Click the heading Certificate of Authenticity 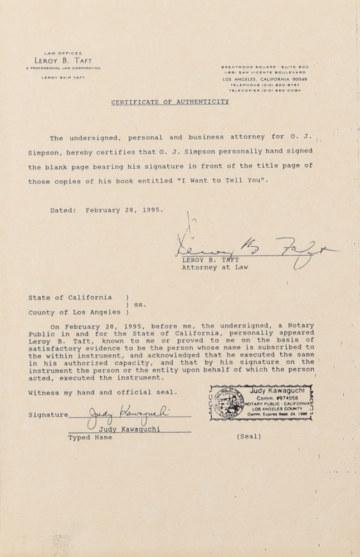tap(170, 102)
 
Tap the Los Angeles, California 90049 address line tap(265, 79)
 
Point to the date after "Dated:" tap(124, 211)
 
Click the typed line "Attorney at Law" tap(215, 267)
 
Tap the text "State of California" tap(70, 297)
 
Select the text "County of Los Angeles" tap(74, 312)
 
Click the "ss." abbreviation tap(140, 305)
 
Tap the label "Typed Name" tap(90, 438)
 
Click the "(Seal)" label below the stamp tap(249, 437)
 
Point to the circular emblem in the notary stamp tap(229, 403)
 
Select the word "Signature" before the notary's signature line tap(48, 415)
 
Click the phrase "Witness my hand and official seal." tap(103, 392)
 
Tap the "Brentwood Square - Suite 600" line tap(265, 67)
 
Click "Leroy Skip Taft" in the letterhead tap(63, 77)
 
